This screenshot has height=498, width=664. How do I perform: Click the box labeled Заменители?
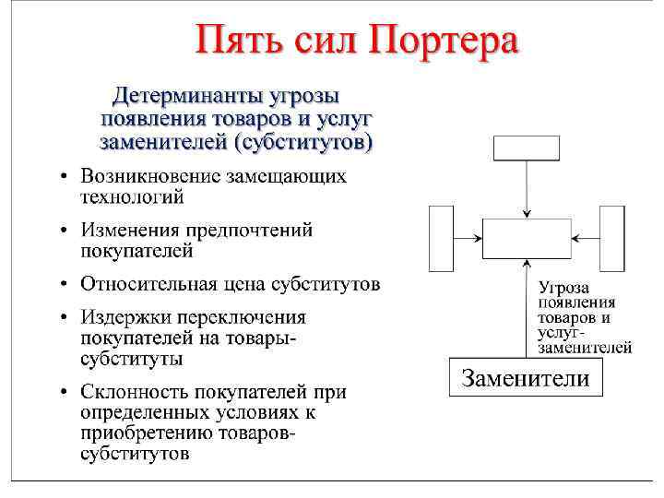point(525,377)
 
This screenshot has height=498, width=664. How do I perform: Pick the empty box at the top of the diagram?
point(527,148)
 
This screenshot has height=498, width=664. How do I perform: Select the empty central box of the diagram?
point(527,239)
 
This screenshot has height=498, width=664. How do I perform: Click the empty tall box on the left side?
point(442,238)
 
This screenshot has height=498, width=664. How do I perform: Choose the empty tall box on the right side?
point(612,238)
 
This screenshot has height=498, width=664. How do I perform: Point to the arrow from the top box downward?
point(527,189)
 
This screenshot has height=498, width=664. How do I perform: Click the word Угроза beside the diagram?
point(564,288)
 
